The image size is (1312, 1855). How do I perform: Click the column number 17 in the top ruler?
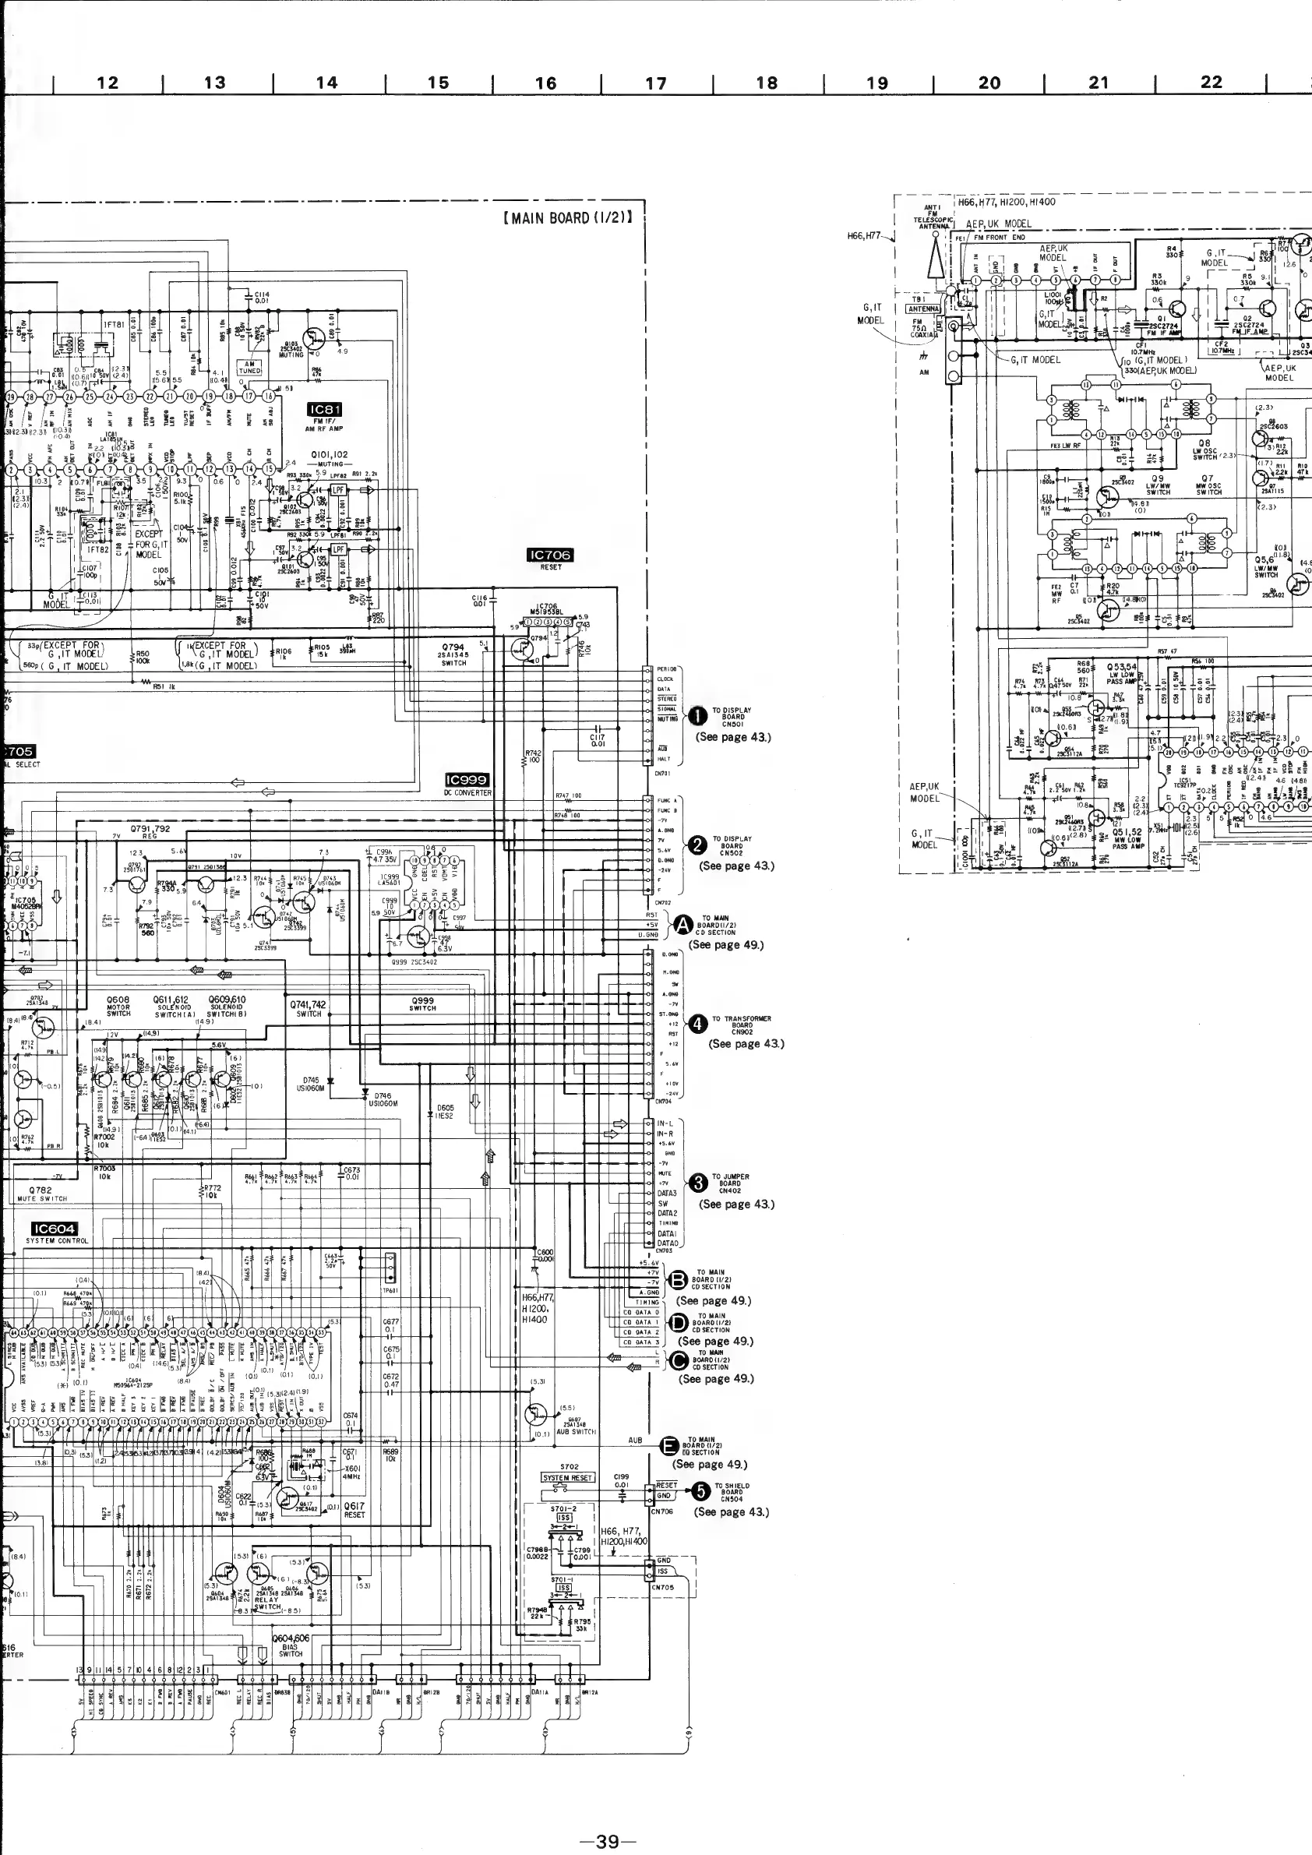click(x=656, y=83)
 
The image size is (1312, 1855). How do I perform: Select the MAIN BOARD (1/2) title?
click(x=566, y=218)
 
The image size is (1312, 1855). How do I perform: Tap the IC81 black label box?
click(x=325, y=411)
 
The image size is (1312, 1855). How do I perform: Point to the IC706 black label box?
click(x=549, y=554)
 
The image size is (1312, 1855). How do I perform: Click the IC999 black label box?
click(x=467, y=780)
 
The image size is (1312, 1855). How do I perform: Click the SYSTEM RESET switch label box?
click(x=567, y=1478)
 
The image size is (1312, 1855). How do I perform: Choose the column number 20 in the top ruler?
click(x=989, y=83)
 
